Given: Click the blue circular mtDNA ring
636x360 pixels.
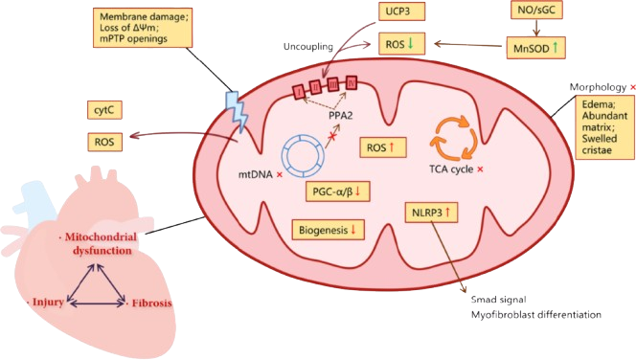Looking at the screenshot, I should (307, 155).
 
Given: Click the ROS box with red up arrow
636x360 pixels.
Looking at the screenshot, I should (387, 147).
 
